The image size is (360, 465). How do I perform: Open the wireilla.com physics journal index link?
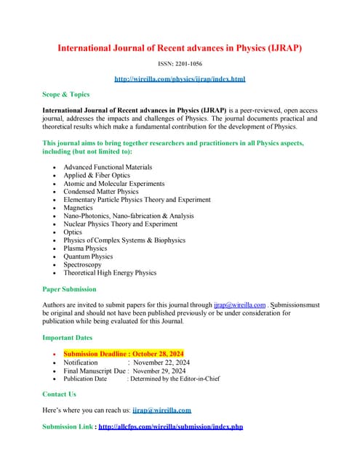[180, 78]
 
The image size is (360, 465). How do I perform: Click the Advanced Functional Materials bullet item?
[108, 167]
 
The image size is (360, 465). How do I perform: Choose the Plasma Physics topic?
[88, 248]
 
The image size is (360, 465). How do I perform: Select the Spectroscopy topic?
[84, 264]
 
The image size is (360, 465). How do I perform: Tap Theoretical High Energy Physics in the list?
[110, 272]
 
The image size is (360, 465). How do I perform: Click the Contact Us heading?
[59, 394]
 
